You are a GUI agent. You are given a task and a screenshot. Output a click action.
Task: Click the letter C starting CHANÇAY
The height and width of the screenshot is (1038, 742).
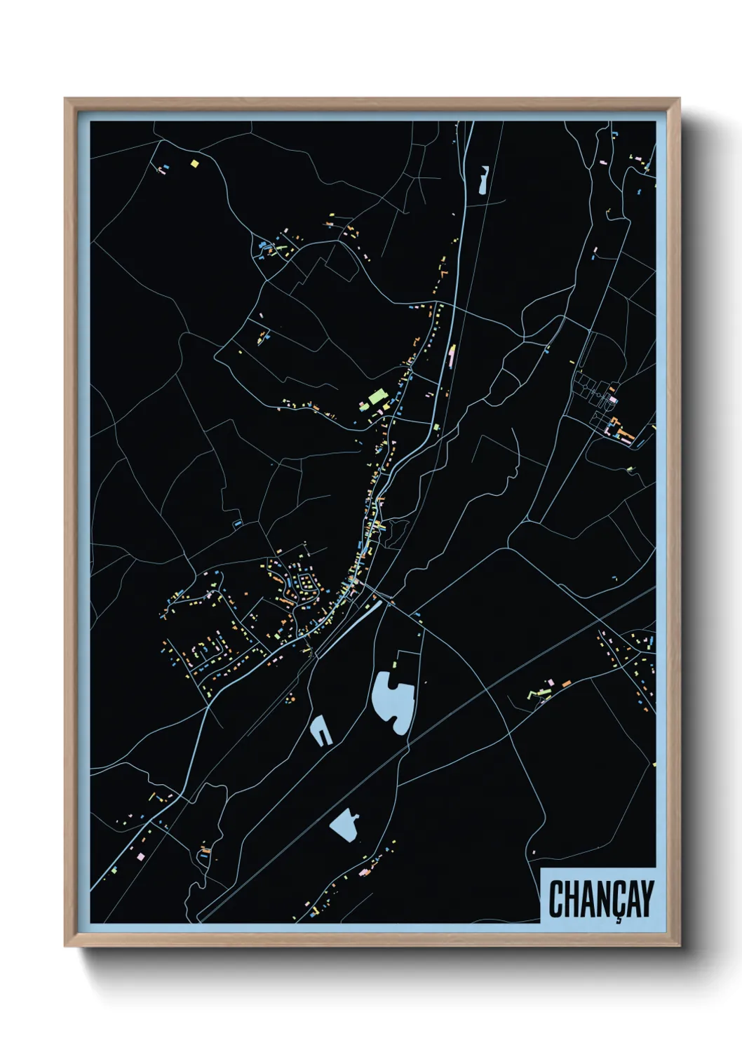point(556,899)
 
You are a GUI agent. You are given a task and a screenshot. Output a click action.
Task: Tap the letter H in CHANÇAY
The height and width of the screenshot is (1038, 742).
point(571,899)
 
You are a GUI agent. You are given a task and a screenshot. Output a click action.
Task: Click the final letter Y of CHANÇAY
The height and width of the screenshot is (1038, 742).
point(646,899)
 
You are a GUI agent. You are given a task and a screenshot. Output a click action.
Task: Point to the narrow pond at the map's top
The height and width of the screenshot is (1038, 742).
point(483,180)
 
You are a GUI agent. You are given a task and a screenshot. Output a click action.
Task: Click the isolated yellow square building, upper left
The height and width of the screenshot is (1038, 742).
point(195,164)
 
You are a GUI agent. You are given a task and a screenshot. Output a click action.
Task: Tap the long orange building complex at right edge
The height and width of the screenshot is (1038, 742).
point(624,431)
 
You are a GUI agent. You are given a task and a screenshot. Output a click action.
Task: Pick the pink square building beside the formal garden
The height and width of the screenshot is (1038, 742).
point(614,400)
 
